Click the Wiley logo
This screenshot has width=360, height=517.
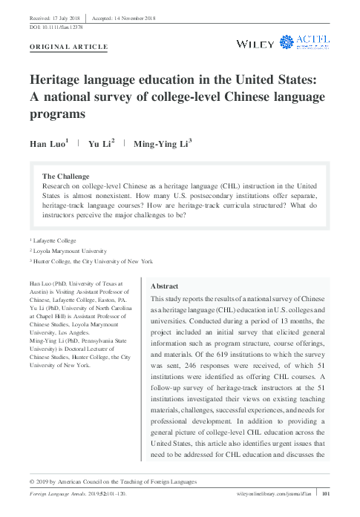pyautogui.click(x=255, y=44)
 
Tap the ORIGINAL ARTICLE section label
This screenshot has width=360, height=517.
pyautogui.click(x=68, y=47)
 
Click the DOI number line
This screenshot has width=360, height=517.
pyautogui.click(x=56, y=26)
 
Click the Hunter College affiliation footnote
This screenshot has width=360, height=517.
pyautogui.click(x=92, y=261)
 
